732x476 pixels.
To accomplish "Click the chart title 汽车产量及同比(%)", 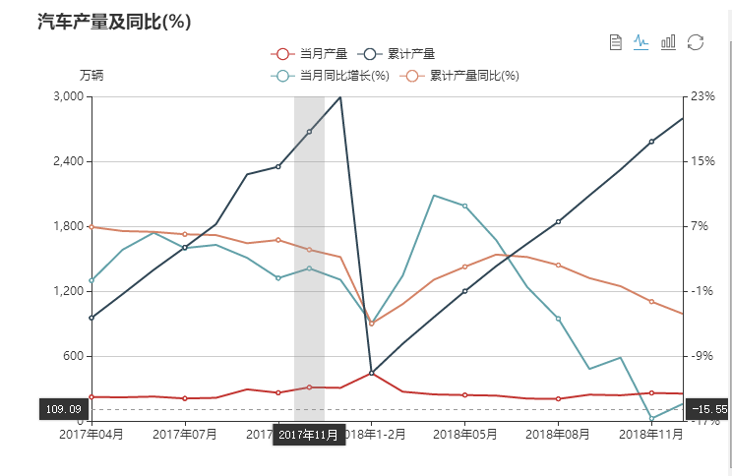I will (113, 21).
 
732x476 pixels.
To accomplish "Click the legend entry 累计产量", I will (397, 54).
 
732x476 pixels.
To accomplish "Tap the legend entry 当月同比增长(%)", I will (333, 75).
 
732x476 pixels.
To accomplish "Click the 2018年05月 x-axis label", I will (464, 433).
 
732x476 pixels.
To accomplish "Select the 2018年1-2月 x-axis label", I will (372, 433).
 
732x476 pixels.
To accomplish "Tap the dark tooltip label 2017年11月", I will (308, 435).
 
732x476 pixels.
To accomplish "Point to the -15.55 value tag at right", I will (709, 409).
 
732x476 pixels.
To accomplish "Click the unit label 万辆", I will (91, 75).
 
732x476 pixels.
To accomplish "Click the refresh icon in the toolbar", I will (696, 41).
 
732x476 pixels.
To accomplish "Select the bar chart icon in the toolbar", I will (669, 41).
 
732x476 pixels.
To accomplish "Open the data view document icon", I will (616, 41).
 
